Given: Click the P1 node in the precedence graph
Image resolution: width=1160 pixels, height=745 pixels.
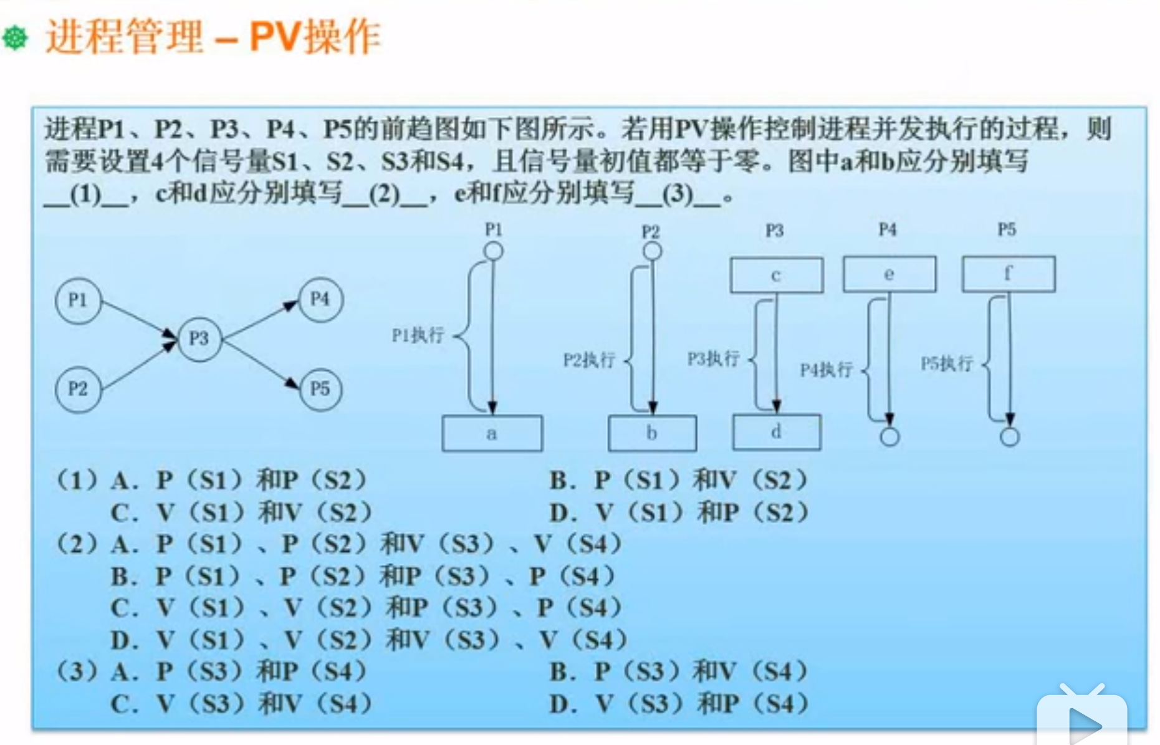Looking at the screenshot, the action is [78, 300].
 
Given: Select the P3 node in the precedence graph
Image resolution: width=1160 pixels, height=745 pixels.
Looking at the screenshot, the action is [199, 339].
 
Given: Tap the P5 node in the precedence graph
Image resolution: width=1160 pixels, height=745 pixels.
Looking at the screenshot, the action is [320, 389].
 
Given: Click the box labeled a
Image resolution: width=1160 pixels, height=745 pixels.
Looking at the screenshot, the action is [492, 433].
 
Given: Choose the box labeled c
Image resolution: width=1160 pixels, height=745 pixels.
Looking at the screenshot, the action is [776, 275].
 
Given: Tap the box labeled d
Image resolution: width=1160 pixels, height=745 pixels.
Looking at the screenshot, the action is [776, 432].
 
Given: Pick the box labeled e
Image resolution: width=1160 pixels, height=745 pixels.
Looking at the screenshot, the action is [889, 274].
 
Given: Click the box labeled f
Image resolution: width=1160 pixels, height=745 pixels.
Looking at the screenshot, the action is [1008, 274].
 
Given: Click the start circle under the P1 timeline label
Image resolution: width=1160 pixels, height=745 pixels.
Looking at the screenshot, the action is [493, 251].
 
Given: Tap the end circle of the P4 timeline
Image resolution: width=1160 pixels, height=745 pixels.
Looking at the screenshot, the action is [889, 437].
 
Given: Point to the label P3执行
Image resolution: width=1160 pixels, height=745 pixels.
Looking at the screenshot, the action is [713, 359].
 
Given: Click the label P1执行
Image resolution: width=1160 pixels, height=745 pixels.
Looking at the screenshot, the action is [418, 335].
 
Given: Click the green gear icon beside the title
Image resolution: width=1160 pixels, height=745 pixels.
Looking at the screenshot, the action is [16, 38].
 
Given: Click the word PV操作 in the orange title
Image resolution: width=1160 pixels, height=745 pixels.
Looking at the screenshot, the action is [315, 37].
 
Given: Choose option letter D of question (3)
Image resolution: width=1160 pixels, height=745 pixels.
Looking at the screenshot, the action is [563, 704].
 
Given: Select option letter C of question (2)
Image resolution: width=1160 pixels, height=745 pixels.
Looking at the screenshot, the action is [122, 608].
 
